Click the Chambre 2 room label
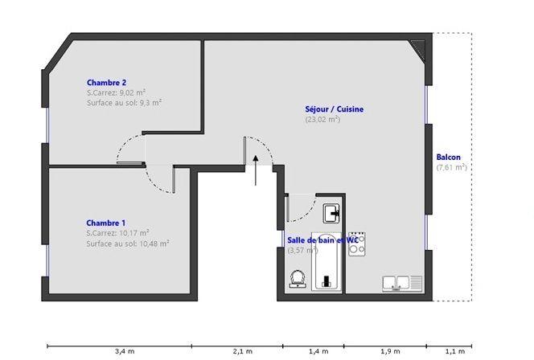pos(106,82)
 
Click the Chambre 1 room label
pos(106,223)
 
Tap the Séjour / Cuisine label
pos(329,108)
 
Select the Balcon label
pos(448,157)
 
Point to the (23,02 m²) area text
pos(322,120)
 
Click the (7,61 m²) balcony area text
pos(451,168)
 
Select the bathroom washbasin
pos(331,213)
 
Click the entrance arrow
pos(255,168)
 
